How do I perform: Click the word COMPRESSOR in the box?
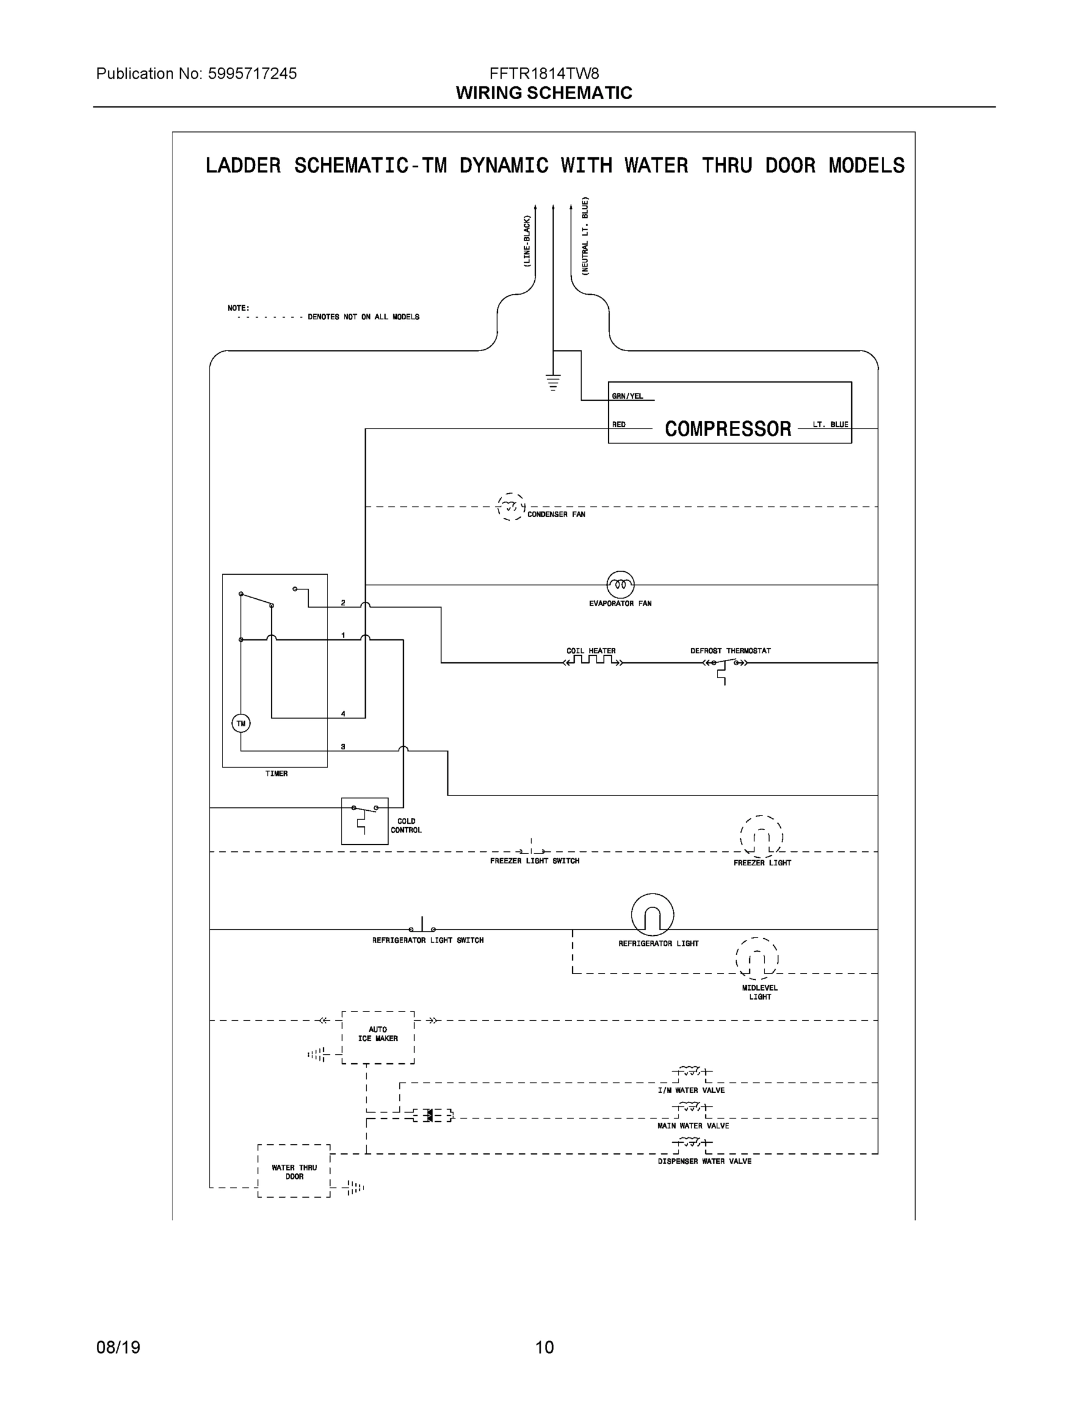pyautogui.click(x=728, y=429)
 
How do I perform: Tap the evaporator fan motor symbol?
pyautogui.click(x=620, y=585)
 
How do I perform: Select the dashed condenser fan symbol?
pyautogui.click(x=511, y=507)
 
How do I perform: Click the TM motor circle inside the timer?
pyautogui.click(x=241, y=723)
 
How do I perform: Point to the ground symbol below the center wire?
pyautogui.click(x=553, y=383)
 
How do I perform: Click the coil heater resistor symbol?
pyautogui.click(x=593, y=661)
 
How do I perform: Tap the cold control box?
pyautogui.click(x=365, y=821)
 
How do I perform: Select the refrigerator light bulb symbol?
pyautogui.click(x=652, y=915)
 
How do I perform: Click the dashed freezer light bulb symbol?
pyautogui.click(x=761, y=837)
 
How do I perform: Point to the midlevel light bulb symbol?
pyautogui.click(x=757, y=959)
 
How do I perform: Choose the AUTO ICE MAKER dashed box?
pyautogui.click(x=378, y=1037)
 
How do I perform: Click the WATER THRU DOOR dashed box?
pyautogui.click(x=294, y=1172)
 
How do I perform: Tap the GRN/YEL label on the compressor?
pyautogui.click(x=627, y=396)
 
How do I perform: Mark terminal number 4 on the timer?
pyautogui.click(x=343, y=713)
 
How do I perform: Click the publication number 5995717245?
pyautogui.click(x=252, y=73)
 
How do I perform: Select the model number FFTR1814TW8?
pyautogui.click(x=544, y=73)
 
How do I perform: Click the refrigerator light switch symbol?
pyautogui.click(x=422, y=926)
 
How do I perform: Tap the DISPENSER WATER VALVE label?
pyautogui.click(x=704, y=1161)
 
